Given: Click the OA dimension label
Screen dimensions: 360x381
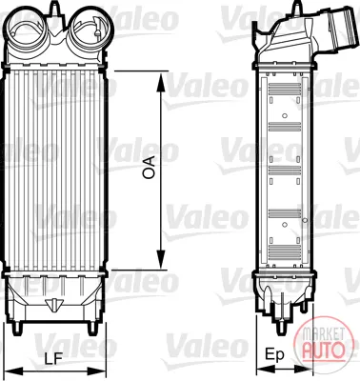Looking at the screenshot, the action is click(149, 168).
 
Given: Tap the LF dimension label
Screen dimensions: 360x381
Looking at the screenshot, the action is click(53, 359).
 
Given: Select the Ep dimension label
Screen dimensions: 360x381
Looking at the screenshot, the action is click(274, 355).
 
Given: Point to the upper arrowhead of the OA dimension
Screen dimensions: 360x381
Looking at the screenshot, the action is click(161, 82).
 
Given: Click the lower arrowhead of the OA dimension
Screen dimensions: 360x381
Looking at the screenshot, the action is click(161, 259).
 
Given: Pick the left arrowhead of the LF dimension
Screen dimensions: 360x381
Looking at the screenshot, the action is click(13, 371).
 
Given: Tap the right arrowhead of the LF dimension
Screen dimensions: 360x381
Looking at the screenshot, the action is click(96, 371).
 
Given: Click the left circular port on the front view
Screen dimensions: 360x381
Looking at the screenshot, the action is click(28, 29).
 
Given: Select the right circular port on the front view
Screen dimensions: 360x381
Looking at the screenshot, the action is click(91, 29).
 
